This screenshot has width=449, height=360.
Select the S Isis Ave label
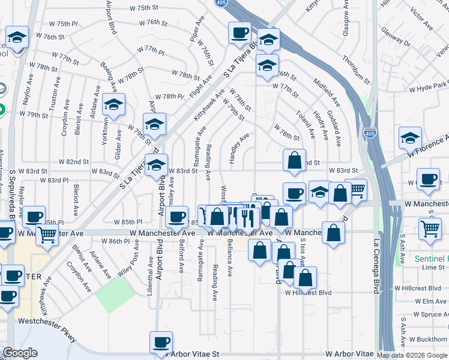(x=302, y=251)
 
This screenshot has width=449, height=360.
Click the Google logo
(x=19, y=353)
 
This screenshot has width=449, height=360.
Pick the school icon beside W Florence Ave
(x=411, y=138)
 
